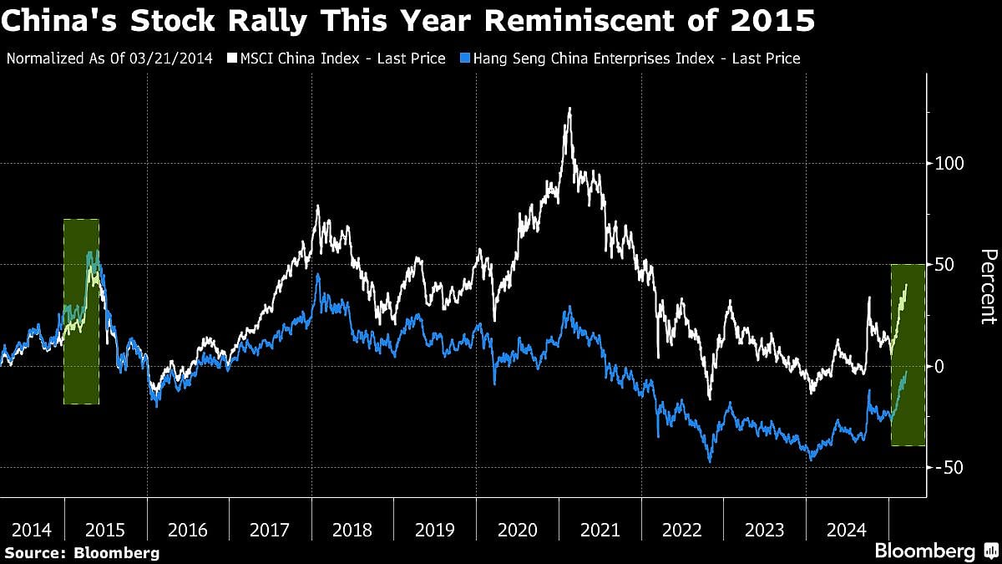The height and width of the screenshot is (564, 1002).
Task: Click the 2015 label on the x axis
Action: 105,529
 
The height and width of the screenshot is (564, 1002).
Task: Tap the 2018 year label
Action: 352,529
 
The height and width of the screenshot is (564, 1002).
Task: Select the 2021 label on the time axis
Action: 600,529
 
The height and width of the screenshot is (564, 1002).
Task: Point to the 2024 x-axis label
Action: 847,529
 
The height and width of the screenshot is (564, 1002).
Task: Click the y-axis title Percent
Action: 988,287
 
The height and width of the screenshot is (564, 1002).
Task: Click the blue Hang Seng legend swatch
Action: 465,58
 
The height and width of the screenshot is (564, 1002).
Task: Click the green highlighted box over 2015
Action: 81,312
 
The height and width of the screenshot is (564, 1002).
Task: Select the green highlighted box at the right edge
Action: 908,355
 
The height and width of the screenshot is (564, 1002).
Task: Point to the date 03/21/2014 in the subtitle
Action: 176,58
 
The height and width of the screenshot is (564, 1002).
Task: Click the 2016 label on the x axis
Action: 188,529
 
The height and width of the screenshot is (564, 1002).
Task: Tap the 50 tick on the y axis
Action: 944,265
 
